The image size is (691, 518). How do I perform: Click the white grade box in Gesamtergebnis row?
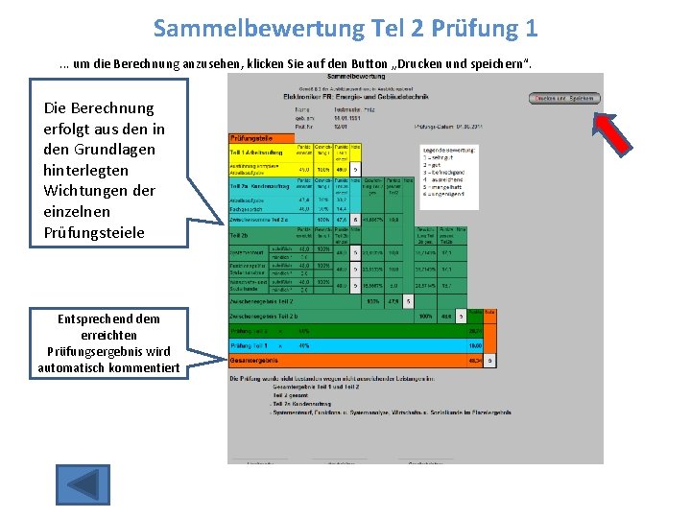pyautogui.click(x=490, y=361)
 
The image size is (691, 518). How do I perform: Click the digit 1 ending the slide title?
pyautogui.click(x=531, y=28)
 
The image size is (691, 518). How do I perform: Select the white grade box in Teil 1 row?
pyautogui.click(x=355, y=169)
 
